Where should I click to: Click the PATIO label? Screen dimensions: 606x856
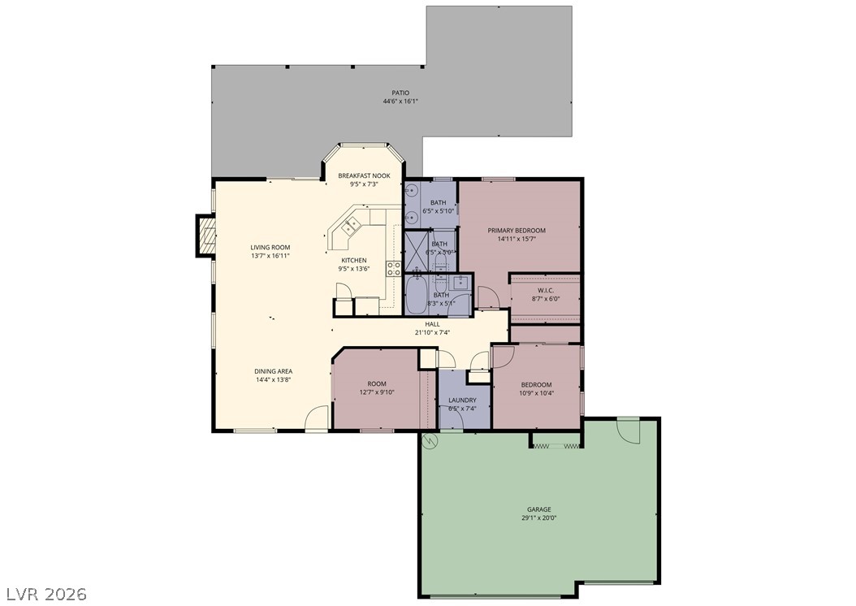click(x=400, y=93)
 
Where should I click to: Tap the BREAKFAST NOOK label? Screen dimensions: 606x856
click(x=364, y=176)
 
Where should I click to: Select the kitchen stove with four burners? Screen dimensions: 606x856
click(x=394, y=268)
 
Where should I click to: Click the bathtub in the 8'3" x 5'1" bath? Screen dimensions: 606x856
click(x=418, y=295)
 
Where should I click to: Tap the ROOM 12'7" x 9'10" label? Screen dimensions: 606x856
click(x=377, y=388)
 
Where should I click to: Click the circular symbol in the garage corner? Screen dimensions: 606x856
click(x=430, y=441)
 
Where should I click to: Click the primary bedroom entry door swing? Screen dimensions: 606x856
click(x=488, y=299)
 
